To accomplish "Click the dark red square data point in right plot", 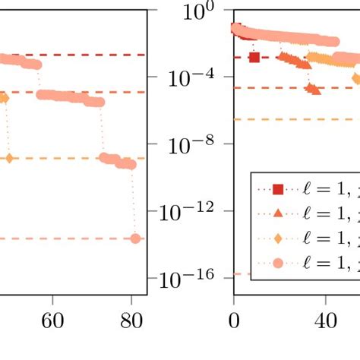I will click(254, 57).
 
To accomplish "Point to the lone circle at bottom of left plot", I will click(135, 238).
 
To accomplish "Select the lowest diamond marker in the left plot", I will click(9, 158).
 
